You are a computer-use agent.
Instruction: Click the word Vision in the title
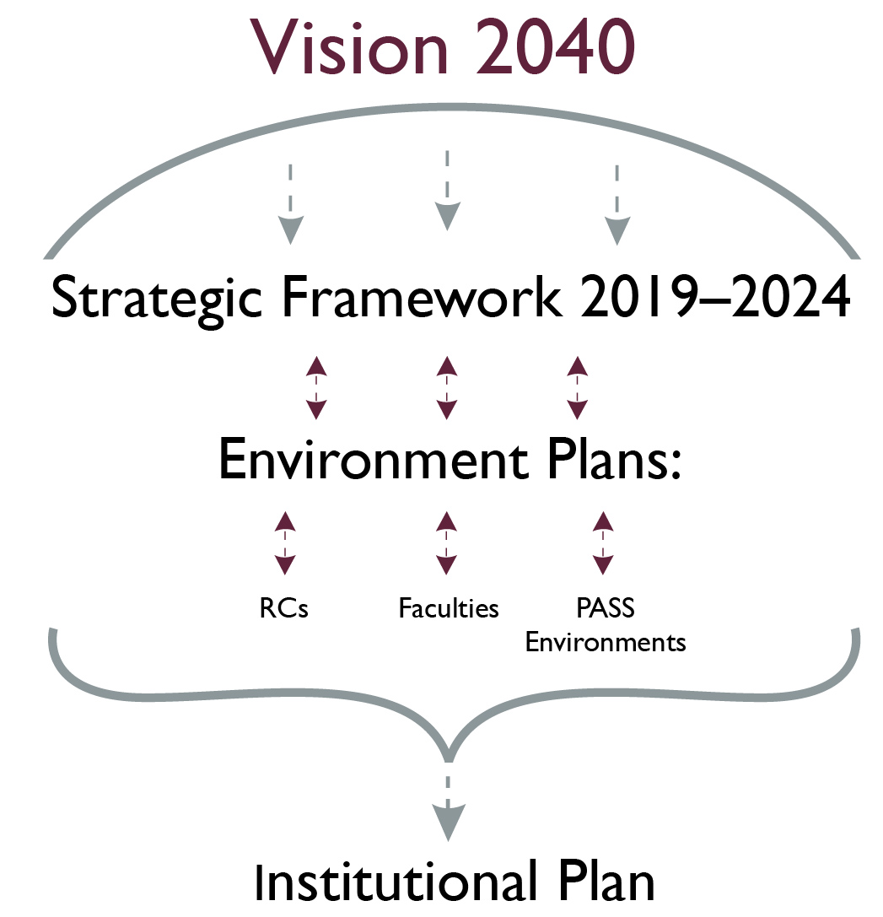[x=349, y=46]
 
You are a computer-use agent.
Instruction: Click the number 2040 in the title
[x=556, y=46]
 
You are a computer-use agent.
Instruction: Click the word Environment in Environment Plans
[x=374, y=460]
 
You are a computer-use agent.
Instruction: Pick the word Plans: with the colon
[x=615, y=459]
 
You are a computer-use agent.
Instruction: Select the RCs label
[x=283, y=608]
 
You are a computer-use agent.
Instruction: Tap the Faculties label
[x=449, y=608]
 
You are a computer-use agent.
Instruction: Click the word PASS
[x=606, y=608]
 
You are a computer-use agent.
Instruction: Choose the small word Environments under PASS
[x=606, y=642]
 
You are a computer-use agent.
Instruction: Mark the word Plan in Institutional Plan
[x=606, y=882]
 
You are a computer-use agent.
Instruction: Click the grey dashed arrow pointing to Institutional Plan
[x=449, y=809]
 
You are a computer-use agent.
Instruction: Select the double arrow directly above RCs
[x=285, y=543]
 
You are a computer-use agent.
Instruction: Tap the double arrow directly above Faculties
[x=446, y=543]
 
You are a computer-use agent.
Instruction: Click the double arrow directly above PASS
[x=603, y=543]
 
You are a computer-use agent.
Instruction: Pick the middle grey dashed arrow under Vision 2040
[x=447, y=191]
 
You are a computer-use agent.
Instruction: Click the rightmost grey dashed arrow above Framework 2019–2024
[x=617, y=205]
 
